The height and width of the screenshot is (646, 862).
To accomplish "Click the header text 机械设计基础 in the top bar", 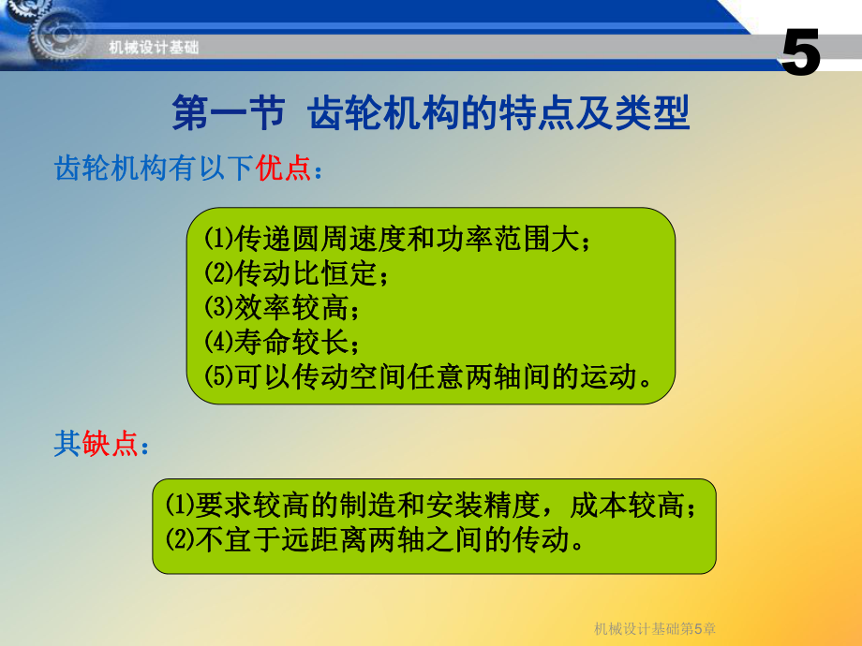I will pos(154,48).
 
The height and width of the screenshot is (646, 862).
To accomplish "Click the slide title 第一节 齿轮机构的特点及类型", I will pos(431,114).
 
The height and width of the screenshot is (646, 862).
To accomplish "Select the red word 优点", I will pos(283,169).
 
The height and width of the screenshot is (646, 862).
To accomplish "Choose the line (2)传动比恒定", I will pos(295,273).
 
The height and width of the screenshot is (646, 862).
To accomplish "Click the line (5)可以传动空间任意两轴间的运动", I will pos(427,376).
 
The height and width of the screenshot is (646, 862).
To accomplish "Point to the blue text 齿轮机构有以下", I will pos(155,169).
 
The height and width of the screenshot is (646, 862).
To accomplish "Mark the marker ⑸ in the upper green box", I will pos(217,376).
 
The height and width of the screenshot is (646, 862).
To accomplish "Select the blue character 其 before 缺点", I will pos(66,444).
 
